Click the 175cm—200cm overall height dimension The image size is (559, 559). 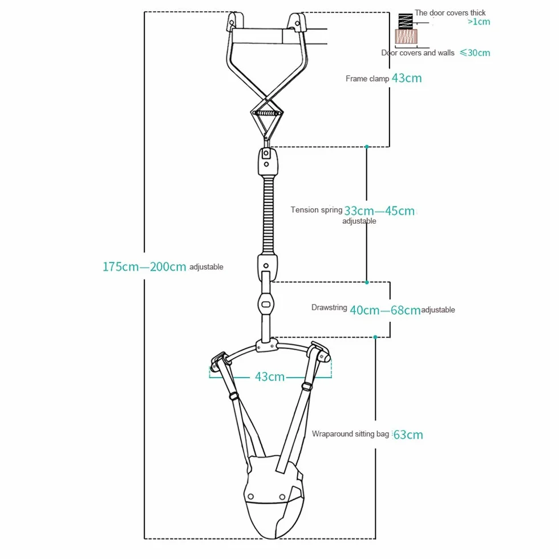144,267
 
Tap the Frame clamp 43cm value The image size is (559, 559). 407,78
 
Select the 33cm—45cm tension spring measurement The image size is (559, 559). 379,210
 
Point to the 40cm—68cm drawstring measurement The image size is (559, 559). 385,310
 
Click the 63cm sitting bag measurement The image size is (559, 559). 408,435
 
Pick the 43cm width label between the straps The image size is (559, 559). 269,376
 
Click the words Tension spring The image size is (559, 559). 316,210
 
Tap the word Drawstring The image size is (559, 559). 329,307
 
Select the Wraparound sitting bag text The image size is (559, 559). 350,434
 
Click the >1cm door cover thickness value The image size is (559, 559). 479,22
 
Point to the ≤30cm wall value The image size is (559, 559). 475,52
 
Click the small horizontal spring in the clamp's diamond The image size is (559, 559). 266,113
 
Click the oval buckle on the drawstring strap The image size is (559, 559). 266,304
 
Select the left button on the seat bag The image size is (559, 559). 250,497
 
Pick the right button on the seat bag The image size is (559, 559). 282,497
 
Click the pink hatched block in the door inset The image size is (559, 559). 406,37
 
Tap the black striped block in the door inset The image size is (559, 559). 406,22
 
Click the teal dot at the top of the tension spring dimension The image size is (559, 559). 366,147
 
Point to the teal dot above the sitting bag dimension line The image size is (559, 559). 375,337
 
